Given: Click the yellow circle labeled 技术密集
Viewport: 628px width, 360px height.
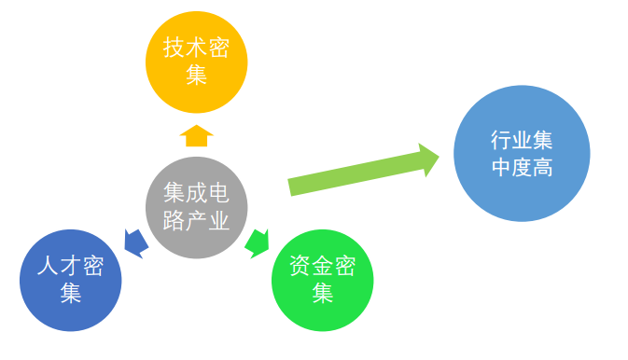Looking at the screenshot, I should click(x=196, y=61).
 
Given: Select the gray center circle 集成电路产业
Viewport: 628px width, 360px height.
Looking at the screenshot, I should click(x=196, y=207).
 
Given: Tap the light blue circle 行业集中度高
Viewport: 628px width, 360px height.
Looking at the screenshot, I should click(x=522, y=153).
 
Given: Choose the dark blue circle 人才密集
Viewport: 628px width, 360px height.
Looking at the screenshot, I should click(x=70, y=280).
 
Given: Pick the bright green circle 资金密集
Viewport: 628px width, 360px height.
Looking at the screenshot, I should click(x=322, y=280).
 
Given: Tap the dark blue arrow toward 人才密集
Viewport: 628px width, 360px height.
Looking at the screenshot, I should click(x=135, y=242).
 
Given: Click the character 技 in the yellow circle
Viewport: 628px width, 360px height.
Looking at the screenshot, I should click(x=174, y=47).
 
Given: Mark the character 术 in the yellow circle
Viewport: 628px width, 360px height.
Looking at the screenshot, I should click(x=196, y=47).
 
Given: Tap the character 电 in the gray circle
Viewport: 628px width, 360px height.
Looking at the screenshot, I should click(x=218, y=193).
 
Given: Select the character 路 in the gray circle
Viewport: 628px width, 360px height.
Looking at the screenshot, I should click(x=174, y=221).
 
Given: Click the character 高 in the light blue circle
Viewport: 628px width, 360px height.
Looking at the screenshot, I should click(x=544, y=168).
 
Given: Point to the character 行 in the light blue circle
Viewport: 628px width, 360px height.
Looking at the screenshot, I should click(x=500, y=140).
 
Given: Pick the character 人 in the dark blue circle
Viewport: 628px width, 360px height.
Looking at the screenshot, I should click(x=48, y=266).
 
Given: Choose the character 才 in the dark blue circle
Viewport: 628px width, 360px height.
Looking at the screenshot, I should click(x=70, y=266).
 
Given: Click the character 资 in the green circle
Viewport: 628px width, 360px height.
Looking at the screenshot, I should click(x=300, y=267).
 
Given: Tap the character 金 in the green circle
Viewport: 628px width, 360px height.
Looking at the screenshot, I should click(x=322, y=267).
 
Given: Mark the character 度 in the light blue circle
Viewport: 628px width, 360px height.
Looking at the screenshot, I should click(x=522, y=168).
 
